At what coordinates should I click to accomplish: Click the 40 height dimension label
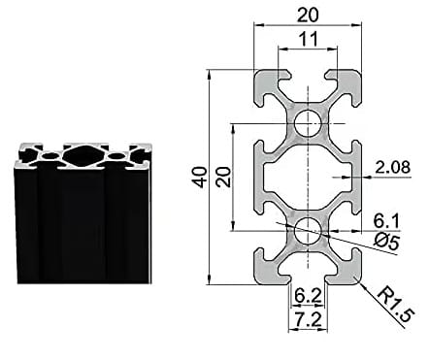(x=200, y=178)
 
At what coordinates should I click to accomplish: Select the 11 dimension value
(x=308, y=40)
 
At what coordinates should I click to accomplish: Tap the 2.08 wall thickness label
(x=392, y=167)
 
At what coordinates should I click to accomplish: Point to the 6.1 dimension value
(x=386, y=221)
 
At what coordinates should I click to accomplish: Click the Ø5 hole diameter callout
(x=386, y=242)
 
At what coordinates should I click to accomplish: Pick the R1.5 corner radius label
(x=396, y=305)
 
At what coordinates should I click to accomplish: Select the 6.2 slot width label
(x=308, y=296)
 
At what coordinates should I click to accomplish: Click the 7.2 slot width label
(x=308, y=320)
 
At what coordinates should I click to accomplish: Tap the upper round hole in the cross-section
(x=308, y=123)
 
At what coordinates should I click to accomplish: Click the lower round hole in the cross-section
(x=308, y=231)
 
